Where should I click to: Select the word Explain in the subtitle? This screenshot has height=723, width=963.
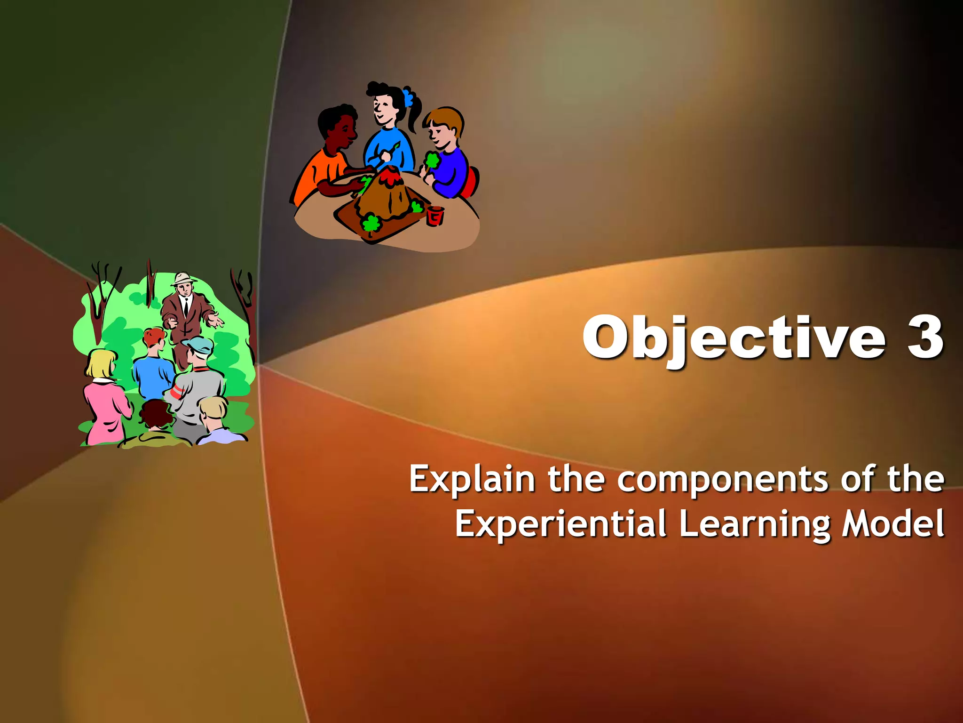pos(472,479)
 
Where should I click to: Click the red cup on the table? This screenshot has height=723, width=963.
pos(435,216)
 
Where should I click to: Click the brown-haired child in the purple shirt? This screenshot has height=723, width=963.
pos(447,155)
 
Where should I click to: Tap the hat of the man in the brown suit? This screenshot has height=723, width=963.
pos(183,278)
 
